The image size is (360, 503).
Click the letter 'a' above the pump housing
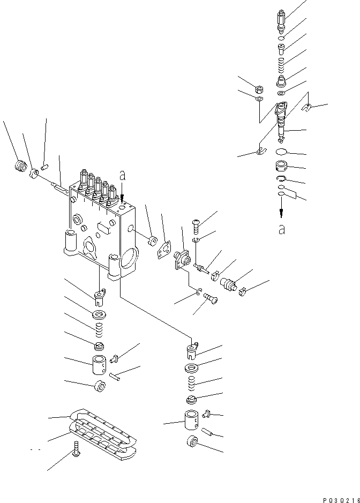pos(123,175)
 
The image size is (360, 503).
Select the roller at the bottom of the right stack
pos(193,442)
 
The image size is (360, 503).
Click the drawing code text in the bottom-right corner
pos(341,498)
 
